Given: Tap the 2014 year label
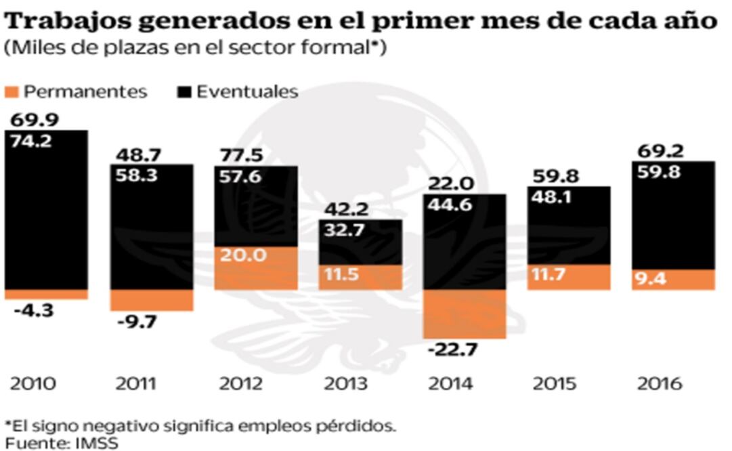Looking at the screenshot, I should pos(448,383).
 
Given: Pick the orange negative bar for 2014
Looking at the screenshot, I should pos(465,314).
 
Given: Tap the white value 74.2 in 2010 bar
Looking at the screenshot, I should pos(31,141).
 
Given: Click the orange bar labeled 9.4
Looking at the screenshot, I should pos(674,280).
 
